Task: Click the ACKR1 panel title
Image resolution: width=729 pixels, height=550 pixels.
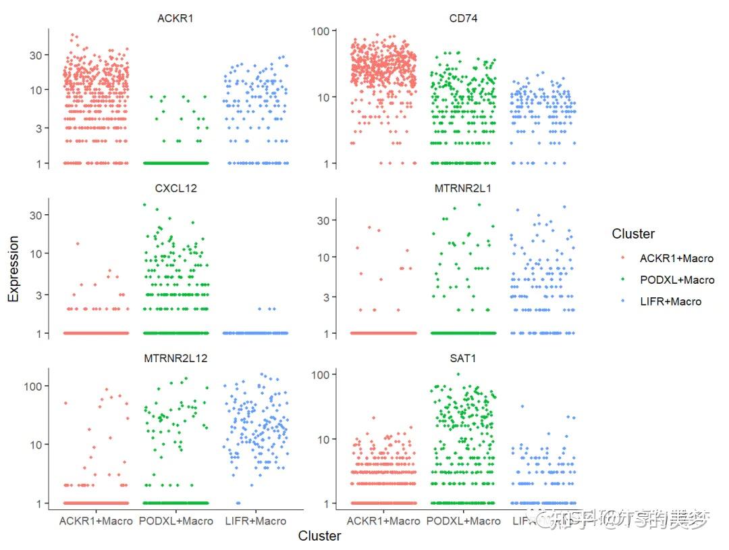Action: pos(175,18)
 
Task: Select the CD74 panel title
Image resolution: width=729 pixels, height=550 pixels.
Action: pos(463,18)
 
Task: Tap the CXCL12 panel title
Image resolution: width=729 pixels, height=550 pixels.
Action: pos(175,188)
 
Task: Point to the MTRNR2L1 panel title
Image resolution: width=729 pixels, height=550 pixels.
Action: pos(463,188)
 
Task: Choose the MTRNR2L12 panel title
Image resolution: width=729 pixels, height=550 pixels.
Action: pos(175,358)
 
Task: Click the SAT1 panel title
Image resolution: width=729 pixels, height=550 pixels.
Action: pos(463,358)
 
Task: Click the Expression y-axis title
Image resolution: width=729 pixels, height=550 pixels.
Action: pos(13,269)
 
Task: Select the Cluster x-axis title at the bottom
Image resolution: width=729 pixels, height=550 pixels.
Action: pos(319,536)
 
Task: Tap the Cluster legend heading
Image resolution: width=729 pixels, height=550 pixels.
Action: pos(632,234)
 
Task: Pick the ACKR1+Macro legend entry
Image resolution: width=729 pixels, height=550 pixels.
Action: pos(676,258)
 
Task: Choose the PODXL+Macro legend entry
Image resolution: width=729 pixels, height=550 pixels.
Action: pos(676,280)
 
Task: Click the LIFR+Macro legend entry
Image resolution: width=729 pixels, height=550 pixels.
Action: pos(670,301)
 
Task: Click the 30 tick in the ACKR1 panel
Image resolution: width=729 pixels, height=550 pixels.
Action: pos(34,55)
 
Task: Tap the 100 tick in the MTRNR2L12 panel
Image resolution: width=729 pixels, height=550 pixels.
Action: pos(31,386)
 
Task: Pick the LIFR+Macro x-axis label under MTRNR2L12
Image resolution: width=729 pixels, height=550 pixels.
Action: pos(255,521)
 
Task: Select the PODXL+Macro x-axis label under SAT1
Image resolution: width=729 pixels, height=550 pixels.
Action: pos(464,521)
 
